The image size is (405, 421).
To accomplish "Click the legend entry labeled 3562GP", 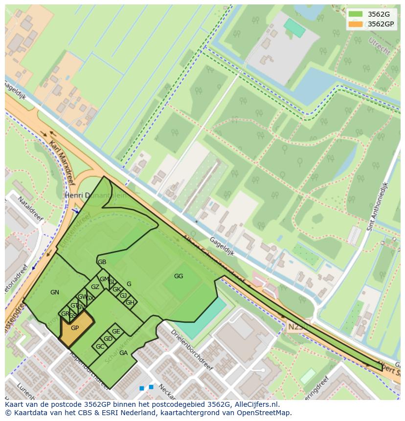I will [381, 24].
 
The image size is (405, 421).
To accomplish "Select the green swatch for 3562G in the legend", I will [356, 14].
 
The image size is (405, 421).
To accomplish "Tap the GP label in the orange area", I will [75, 328].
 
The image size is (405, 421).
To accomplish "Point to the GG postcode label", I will [179, 276].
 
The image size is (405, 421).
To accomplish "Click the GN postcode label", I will [55, 292].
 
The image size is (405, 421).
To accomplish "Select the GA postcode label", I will [123, 353].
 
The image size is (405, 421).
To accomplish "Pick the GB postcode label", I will [102, 262].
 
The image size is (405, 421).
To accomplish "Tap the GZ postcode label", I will [95, 287].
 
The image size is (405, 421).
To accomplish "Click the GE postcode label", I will [116, 332].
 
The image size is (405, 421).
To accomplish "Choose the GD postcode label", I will [108, 339].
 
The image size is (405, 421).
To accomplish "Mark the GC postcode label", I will [100, 347].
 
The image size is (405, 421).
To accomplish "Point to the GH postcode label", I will [130, 303].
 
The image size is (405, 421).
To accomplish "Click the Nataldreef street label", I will [30, 209].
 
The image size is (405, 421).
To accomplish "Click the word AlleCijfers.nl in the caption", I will [257, 404].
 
